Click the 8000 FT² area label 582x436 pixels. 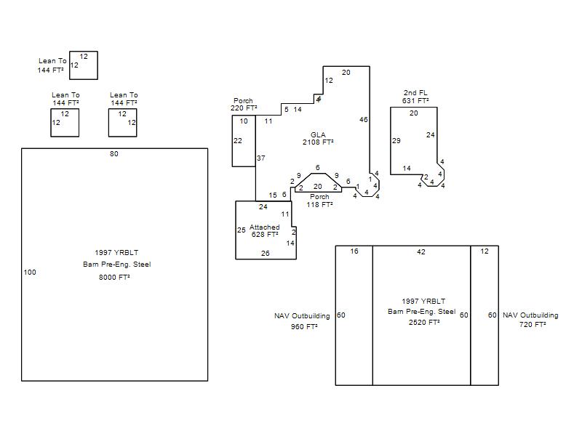(x=114, y=278)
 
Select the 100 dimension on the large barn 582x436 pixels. (x=30, y=272)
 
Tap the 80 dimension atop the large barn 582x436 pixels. (x=114, y=154)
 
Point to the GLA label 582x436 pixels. (x=318, y=134)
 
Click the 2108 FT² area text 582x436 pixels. (x=318, y=142)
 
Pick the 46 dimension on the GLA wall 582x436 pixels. (x=363, y=119)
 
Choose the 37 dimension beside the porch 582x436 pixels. (x=261, y=158)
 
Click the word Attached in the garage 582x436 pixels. (x=264, y=227)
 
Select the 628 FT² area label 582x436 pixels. (x=265, y=234)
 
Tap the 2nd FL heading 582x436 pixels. (x=415, y=93)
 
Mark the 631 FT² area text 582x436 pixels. (x=415, y=100)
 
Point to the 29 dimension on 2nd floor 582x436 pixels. (x=396, y=140)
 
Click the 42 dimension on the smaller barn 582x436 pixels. (x=421, y=251)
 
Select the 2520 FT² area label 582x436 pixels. (x=424, y=323)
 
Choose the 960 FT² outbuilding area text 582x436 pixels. (x=304, y=326)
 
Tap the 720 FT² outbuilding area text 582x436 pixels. (x=533, y=324)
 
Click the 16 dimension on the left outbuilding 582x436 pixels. (x=354, y=251)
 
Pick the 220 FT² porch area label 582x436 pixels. (x=244, y=108)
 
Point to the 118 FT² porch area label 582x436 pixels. (x=319, y=204)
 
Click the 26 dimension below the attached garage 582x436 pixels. (x=265, y=253)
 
